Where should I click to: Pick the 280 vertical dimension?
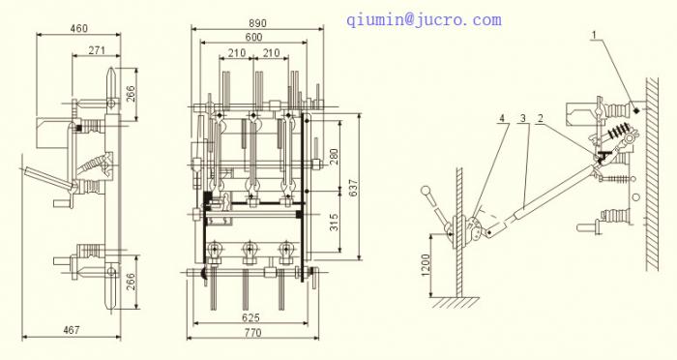pos(335,157)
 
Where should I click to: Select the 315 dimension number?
pos(335,225)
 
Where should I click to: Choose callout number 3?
pos(522,118)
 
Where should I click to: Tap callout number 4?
pos(501,118)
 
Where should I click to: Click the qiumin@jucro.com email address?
pos(425,19)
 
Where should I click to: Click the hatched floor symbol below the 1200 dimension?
pos(452,303)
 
